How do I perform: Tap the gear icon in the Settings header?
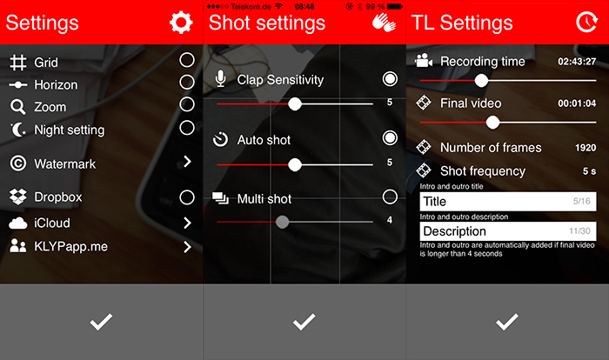[x=181, y=23]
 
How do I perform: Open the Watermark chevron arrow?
[x=187, y=161]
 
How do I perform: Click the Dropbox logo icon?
[x=18, y=197]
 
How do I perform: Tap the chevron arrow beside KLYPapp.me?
[x=187, y=247]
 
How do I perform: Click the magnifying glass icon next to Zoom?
[x=18, y=107]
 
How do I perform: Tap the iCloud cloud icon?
[x=18, y=223]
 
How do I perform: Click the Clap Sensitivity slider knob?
[x=295, y=103]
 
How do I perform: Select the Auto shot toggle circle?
[x=390, y=138]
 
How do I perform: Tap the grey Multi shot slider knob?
[x=283, y=222]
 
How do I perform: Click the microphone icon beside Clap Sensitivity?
[x=221, y=79]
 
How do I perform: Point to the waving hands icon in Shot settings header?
[x=384, y=23]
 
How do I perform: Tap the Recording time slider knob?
[x=481, y=81]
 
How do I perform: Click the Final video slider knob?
[x=492, y=123]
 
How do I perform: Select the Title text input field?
[x=508, y=202]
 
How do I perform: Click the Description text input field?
[x=508, y=231]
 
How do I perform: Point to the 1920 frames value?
[x=586, y=148]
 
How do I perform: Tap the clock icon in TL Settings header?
[x=586, y=22]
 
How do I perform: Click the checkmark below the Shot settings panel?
[x=304, y=322]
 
